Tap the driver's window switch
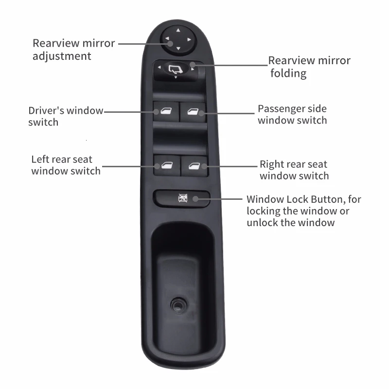pos(165,111)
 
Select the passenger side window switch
pos(193,112)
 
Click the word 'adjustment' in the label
pos(62,56)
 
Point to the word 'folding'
pos(288,73)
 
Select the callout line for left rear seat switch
pos(129,166)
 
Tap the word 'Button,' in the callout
pos(329,199)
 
